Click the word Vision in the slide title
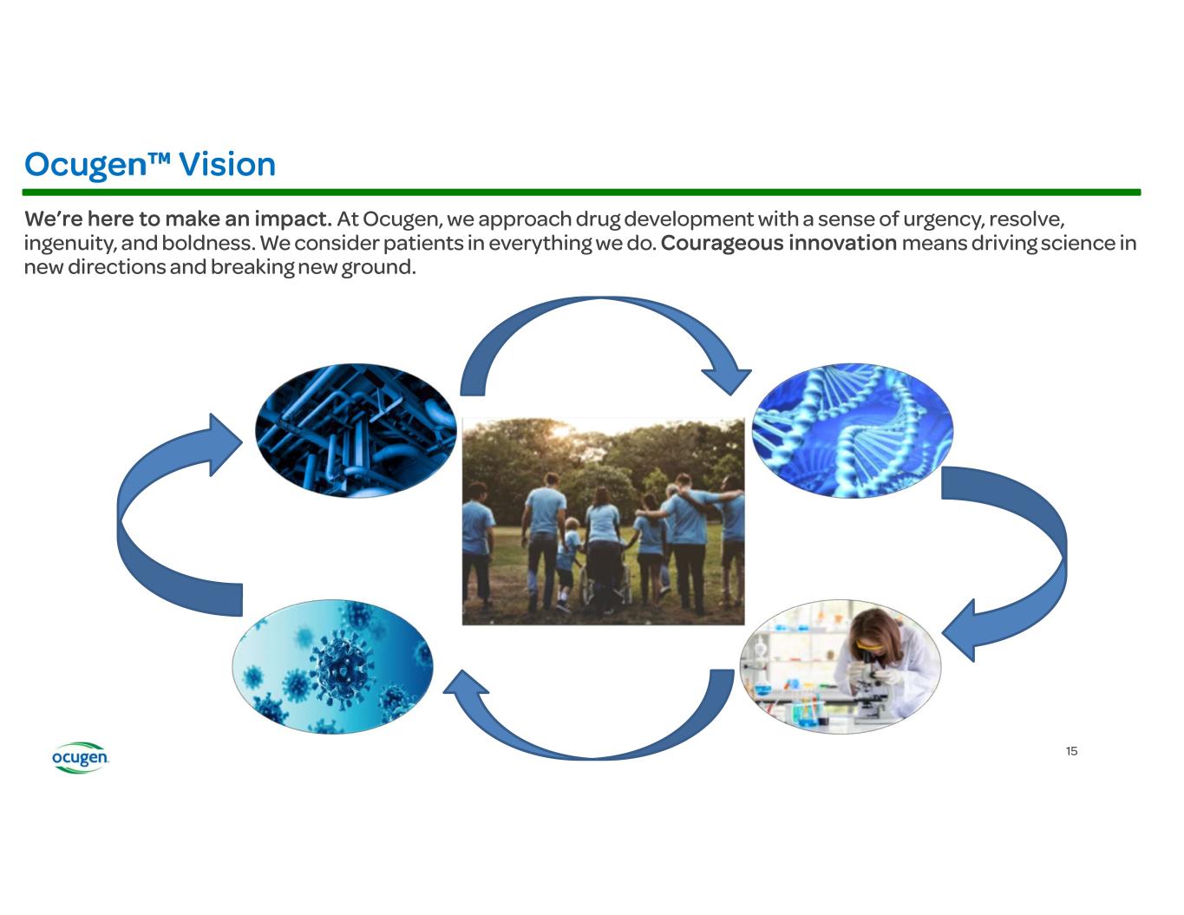[227, 164]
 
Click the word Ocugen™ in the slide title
[95, 164]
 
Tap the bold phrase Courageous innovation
[778, 243]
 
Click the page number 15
[1071, 751]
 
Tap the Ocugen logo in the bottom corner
[80, 758]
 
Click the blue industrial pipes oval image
[355, 430]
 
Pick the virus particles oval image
[332, 666]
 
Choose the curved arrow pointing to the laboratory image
[1024, 555]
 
